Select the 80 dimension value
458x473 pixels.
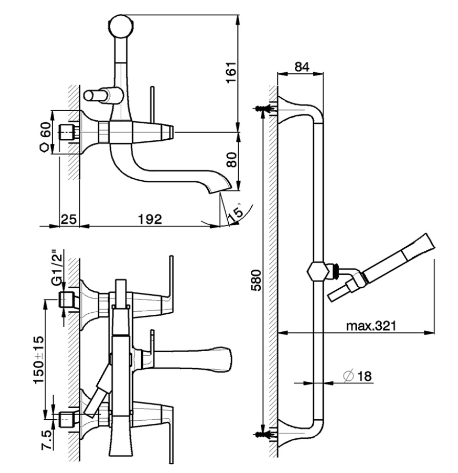[232, 159]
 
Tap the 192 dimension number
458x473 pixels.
[150, 219]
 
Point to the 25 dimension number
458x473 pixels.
[69, 219]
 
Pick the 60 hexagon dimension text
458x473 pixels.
[45, 130]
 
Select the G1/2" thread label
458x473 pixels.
[57, 267]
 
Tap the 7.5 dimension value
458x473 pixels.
[47, 440]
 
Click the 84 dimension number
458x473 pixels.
[302, 67]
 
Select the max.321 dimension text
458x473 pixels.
[370, 326]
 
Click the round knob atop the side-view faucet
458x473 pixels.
[121, 26]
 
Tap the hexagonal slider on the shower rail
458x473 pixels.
[318, 271]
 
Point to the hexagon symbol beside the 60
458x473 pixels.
[45, 148]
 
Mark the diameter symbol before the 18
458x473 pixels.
[348, 376]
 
